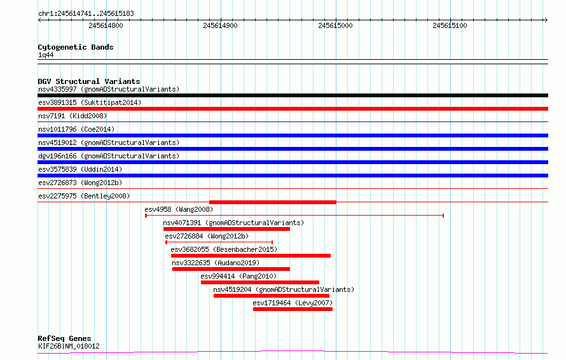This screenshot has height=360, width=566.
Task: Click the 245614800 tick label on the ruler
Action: pyautogui.click(x=106, y=25)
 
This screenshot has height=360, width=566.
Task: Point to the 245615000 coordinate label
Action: pyautogui.click(x=335, y=25)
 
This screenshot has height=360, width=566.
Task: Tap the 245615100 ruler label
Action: pyautogui.click(x=450, y=25)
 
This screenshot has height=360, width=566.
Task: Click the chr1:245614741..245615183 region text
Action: pyautogui.click(x=86, y=14)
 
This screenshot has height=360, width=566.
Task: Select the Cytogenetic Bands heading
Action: pyautogui.click(x=76, y=47)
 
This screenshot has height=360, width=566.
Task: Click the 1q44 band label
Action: pyautogui.click(x=46, y=55)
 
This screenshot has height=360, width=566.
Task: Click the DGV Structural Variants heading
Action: pyautogui.click(x=89, y=81)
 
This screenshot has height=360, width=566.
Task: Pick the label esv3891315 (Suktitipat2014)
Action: pyautogui.click(x=90, y=102)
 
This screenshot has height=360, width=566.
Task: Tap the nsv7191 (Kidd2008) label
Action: pyautogui.click(x=72, y=116)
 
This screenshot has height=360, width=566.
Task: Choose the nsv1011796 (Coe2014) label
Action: pyautogui.click(x=76, y=129)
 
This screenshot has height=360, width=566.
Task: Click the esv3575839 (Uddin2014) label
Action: pyautogui.click(x=80, y=169)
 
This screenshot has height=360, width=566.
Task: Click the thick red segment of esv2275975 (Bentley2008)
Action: pyautogui.click(x=273, y=202)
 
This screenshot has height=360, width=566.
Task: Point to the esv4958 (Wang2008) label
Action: pyautogui.click(x=179, y=209)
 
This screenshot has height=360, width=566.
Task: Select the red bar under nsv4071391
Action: pyautogui.click(x=226, y=229)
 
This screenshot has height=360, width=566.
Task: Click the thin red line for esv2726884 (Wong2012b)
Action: pyautogui.click(x=219, y=242)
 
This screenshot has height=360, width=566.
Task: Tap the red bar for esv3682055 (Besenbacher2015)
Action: pyautogui.click(x=251, y=256)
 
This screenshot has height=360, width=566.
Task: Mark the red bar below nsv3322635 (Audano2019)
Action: pyautogui.click(x=231, y=269)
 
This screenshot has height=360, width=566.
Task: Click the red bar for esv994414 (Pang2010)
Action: pyautogui.click(x=260, y=282)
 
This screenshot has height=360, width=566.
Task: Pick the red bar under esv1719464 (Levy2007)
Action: pyautogui.click(x=293, y=309)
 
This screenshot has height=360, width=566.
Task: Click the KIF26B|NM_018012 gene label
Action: pyautogui.click(x=69, y=346)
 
